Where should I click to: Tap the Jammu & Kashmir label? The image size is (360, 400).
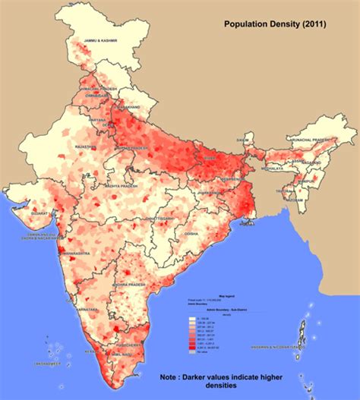(101, 52)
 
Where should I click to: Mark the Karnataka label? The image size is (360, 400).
(87, 309)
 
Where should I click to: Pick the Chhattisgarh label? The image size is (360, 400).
(162, 219)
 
